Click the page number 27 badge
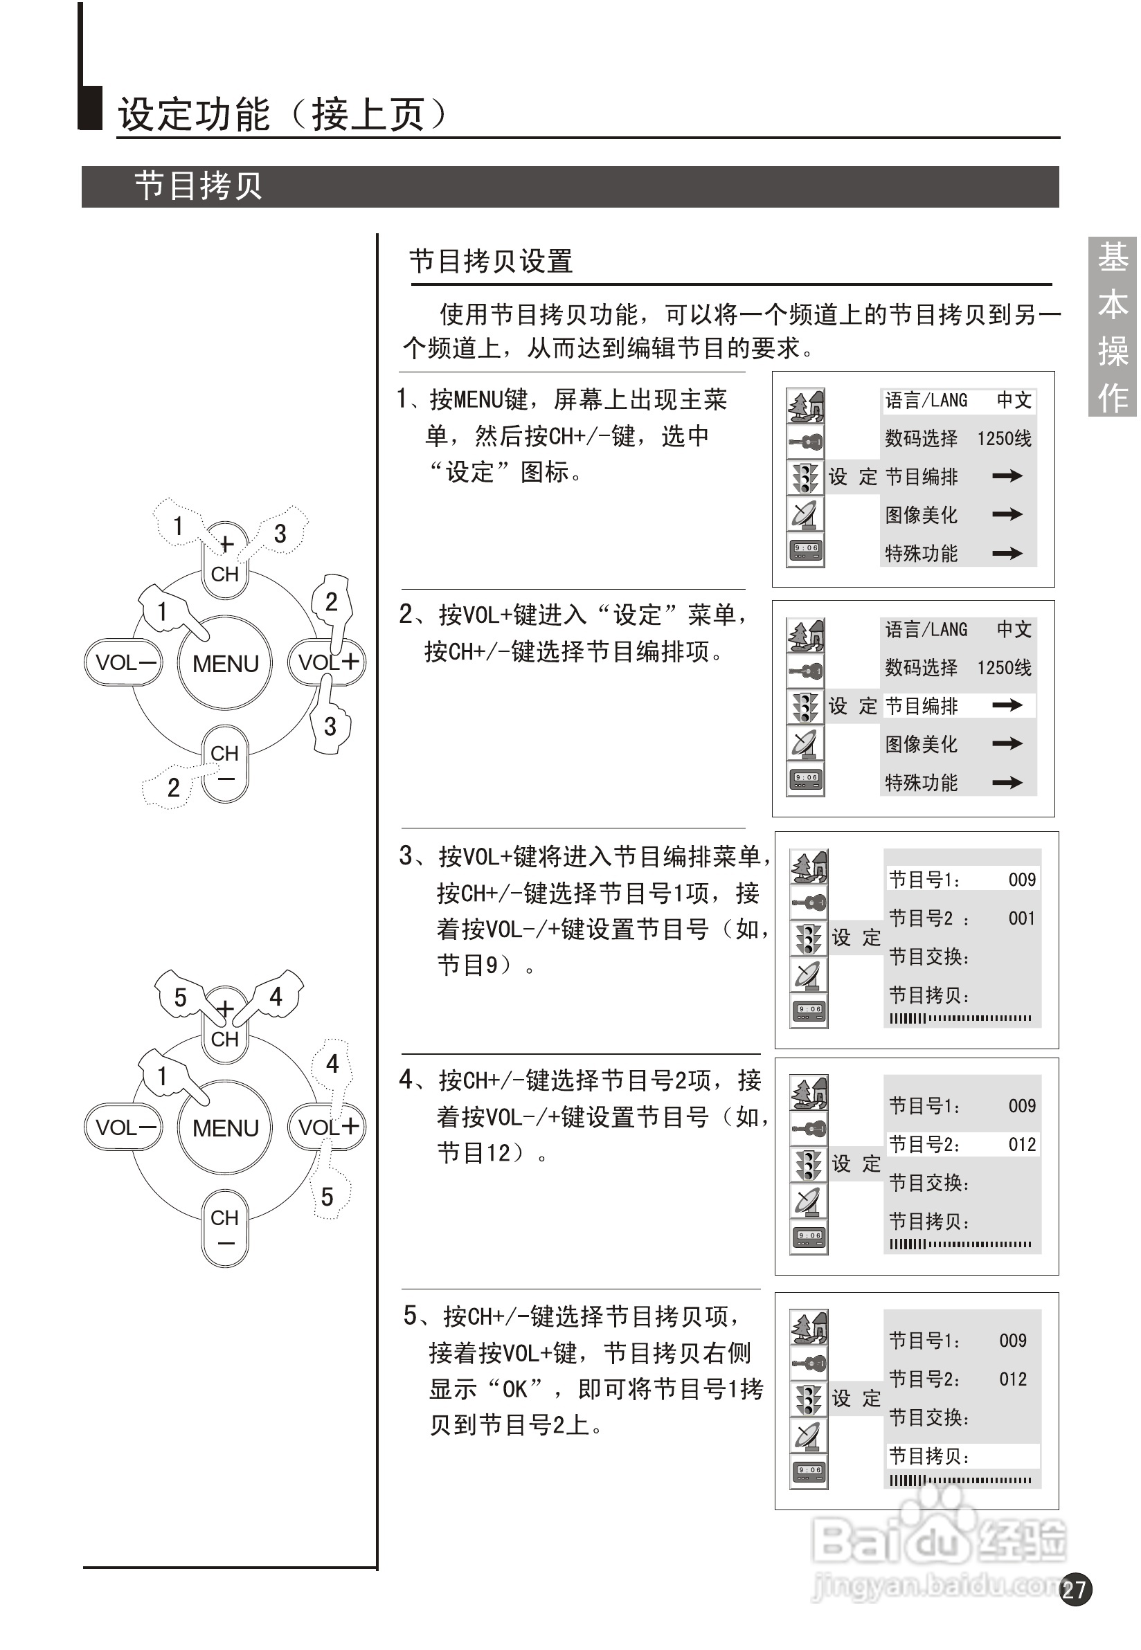(1075, 1589)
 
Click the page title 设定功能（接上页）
(283, 114)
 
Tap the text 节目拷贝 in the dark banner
(198, 186)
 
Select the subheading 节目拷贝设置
(490, 262)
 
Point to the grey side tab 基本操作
(1112, 327)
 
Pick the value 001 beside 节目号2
(1022, 918)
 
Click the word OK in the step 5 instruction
(514, 1389)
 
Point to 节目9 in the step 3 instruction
(468, 965)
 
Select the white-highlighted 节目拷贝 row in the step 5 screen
(962, 1456)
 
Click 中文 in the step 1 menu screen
(1014, 400)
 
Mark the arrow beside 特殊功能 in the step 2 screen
(1007, 783)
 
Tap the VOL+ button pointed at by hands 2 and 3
(327, 662)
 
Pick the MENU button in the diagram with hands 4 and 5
(225, 1127)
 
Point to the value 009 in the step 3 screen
(1022, 880)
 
